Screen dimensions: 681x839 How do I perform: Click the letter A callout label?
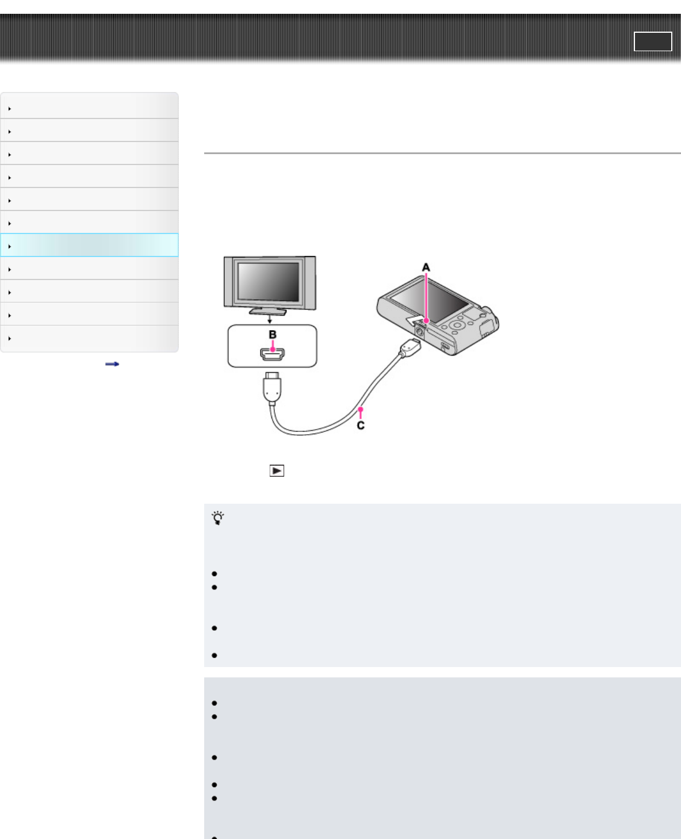pos(426,267)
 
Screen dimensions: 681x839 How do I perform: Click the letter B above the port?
pos(273,335)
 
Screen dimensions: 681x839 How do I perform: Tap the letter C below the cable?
pos(361,426)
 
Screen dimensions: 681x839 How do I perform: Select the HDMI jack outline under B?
pos(273,354)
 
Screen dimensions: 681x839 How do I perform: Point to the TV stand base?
pos(269,311)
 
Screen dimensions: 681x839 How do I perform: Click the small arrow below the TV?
pos(269,320)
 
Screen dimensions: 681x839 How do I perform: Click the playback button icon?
pos(277,471)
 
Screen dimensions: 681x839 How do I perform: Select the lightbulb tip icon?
pos(218,518)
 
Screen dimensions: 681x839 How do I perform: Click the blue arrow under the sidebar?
pos(112,364)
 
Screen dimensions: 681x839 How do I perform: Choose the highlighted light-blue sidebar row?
pos(89,246)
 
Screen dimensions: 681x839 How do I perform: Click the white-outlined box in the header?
pos(653,41)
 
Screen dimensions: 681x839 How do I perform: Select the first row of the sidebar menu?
pos(89,108)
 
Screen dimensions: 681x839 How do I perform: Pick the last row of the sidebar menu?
pos(89,338)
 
